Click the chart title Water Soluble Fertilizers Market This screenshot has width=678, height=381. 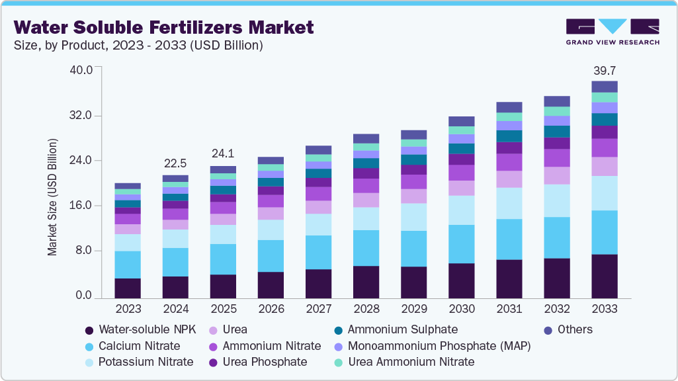pyautogui.click(x=163, y=27)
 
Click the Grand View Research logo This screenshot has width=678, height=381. pyautogui.click(x=612, y=32)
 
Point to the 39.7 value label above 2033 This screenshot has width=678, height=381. pyautogui.click(x=604, y=70)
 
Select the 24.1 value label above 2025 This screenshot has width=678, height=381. pyautogui.click(x=223, y=153)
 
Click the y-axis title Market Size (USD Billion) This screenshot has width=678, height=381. pyautogui.click(x=52, y=197)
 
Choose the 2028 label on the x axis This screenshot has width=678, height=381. pyautogui.click(x=366, y=309)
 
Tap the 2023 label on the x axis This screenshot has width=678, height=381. pyautogui.click(x=128, y=309)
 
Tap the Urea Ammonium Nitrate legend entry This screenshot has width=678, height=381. pyautogui.click(x=411, y=362)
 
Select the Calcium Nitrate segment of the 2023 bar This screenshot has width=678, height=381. pyautogui.click(x=128, y=265)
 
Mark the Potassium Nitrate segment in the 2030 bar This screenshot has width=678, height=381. pyautogui.click(x=461, y=210)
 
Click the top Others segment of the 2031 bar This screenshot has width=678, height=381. pyautogui.click(x=509, y=107)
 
